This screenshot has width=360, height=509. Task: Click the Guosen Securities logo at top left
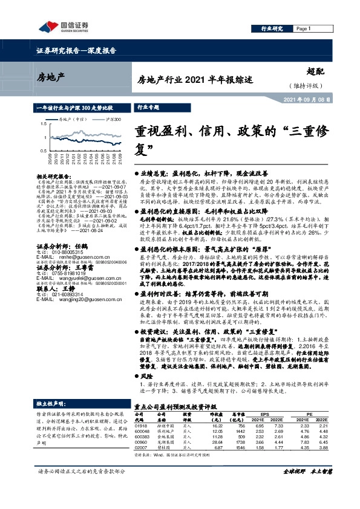coord(63,25)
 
